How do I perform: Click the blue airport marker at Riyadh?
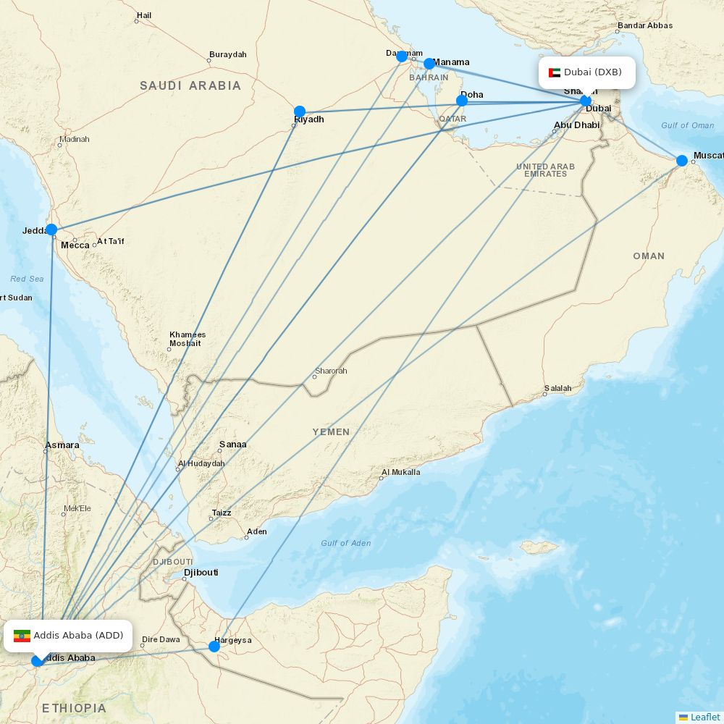point(300,111)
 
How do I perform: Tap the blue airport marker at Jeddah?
point(51,230)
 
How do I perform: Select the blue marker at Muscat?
point(682,161)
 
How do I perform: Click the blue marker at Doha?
point(462,101)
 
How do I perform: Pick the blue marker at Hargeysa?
point(214,646)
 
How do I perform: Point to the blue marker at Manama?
point(429,64)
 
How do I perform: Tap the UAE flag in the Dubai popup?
point(555,72)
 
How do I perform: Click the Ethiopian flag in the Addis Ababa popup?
point(22,636)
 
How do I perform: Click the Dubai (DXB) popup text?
point(593,72)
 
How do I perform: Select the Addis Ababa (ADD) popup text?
point(78,636)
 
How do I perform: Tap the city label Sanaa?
point(232,445)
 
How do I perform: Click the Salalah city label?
point(557,389)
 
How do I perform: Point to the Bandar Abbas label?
point(644,26)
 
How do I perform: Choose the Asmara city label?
point(62,445)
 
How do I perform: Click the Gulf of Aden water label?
point(345,543)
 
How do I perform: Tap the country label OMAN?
point(648,256)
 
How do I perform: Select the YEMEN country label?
point(331,432)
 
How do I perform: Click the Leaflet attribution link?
point(704,717)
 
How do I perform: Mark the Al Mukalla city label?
point(400,472)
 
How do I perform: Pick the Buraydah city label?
point(227,55)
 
